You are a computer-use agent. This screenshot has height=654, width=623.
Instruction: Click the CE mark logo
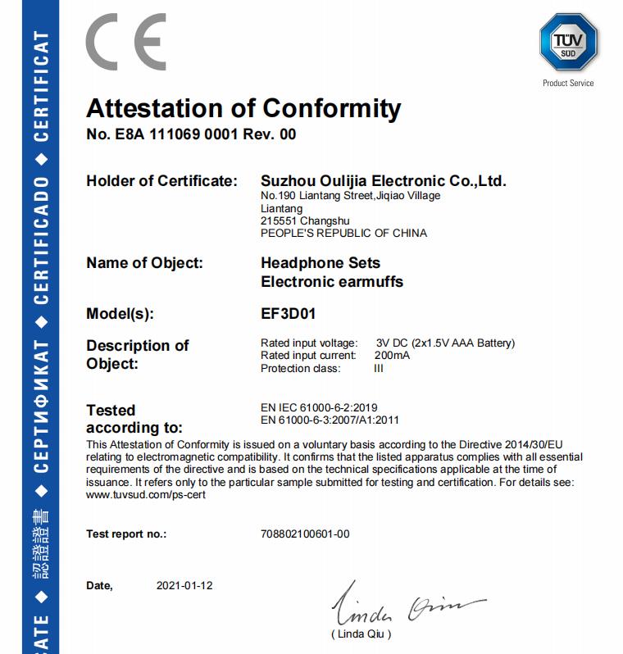point(126,43)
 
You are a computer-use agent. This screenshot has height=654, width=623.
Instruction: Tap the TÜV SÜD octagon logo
point(567,41)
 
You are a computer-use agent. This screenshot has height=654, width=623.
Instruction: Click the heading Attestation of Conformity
point(243,108)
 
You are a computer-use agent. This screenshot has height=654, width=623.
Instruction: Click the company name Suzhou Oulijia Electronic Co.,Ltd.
point(383,180)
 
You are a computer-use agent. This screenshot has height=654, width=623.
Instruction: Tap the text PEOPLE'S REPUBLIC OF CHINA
point(343,233)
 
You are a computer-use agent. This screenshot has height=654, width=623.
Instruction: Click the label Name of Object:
point(144,263)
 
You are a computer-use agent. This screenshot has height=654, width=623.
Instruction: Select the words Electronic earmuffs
point(331,282)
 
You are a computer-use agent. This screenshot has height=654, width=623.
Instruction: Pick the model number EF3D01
point(288,313)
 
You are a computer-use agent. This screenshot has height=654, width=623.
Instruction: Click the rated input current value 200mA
point(392,356)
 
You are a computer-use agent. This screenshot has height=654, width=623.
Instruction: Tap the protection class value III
point(379,368)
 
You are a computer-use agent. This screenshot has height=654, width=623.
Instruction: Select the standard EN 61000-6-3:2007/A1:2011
point(330,420)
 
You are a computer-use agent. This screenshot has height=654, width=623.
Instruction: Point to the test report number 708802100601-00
point(304,534)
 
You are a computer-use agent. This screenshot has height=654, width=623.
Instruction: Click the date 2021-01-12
point(184,586)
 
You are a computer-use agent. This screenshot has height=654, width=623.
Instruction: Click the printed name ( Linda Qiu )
point(362,634)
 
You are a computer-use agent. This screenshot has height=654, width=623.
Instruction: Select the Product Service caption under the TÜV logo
point(568,83)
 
